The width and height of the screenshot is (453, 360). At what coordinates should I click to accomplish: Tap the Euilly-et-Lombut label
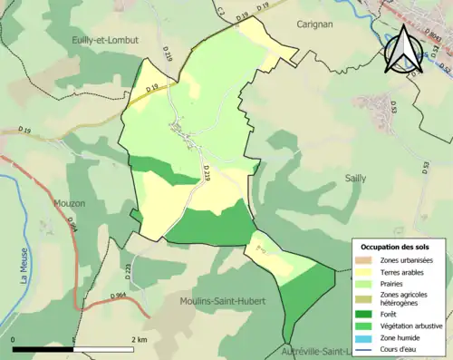(x=104, y=40)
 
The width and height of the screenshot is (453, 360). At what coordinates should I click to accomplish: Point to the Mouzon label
(x=69, y=204)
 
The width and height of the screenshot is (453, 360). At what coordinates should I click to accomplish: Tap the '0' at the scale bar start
(x=14, y=340)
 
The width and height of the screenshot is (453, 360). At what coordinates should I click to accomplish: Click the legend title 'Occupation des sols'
(x=395, y=247)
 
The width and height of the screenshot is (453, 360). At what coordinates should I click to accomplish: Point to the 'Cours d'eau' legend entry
(x=399, y=348)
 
